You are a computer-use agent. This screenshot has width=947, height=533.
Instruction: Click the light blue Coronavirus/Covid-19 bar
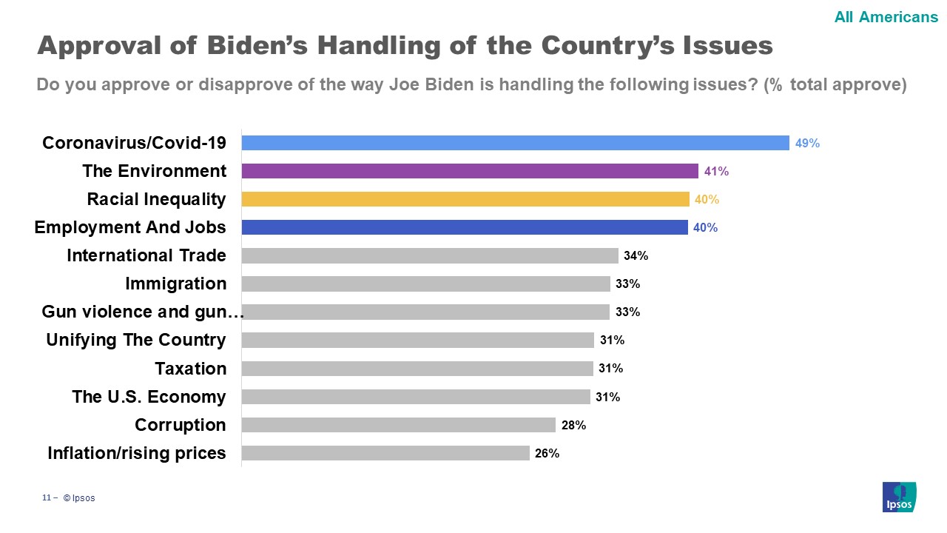coord(515,143)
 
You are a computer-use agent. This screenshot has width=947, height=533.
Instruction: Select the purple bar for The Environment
coord(470,171)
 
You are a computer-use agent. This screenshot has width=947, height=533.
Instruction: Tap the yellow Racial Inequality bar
coord(465,199)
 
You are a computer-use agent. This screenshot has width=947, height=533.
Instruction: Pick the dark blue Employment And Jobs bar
coord(465,227)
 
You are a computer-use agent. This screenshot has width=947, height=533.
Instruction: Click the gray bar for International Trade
coord(430,255)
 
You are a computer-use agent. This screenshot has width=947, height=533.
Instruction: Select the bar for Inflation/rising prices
coord(385,453)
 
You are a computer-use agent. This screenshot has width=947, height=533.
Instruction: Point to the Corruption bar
coord(398,425)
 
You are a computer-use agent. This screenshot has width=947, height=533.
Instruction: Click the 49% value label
coord(807,144)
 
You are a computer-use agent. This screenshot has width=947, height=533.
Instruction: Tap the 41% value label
coord(716,172)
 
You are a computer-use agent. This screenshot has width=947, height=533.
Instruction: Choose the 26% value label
coord(547,454)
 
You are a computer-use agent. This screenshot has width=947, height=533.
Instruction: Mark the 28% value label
coord(573,426)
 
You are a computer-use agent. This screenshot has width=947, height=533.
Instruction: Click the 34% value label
coord(636,256)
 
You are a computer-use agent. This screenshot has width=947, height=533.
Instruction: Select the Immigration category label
coord(176,284)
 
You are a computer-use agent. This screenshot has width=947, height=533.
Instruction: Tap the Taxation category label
coord(191,369)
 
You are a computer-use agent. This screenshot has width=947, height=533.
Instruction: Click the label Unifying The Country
coord(136,341)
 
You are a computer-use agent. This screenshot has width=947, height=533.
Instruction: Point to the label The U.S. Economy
coord(149,397)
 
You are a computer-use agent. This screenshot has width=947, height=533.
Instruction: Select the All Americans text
coord(886,17)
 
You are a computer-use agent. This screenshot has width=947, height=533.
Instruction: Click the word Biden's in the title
coord(252,46)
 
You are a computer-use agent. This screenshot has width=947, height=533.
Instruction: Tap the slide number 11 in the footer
coord(46,498)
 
